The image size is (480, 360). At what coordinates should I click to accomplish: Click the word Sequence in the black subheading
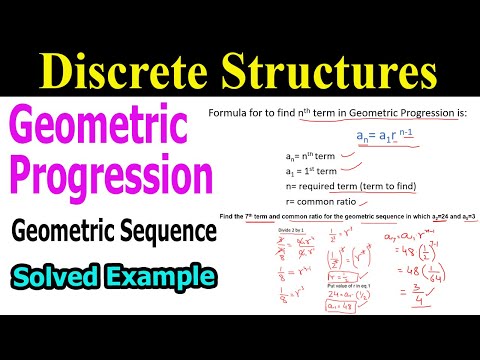[x=173, y=231]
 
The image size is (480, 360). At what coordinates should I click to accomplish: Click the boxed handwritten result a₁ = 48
[x=342, y=306]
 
